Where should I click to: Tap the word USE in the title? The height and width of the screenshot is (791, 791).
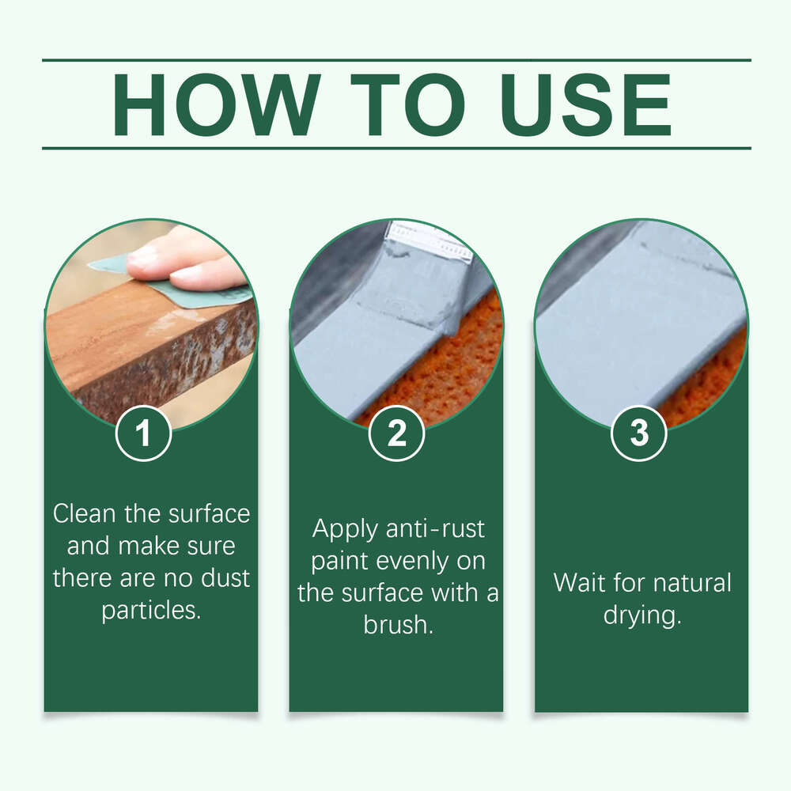(x=585, y=104)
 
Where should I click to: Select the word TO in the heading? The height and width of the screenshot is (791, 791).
(x=409, y=104)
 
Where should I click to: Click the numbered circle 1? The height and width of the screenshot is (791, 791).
(x=144, y=433)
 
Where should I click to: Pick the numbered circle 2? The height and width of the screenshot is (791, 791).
(x=396, y=433)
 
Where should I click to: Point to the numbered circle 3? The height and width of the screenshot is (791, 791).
(x=639, y=433)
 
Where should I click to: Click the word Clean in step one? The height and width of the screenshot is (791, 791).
(x=85, y=513)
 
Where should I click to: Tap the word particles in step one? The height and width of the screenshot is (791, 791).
(x=151, y=611)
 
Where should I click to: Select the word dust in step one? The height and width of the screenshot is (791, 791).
(x=225, y=578)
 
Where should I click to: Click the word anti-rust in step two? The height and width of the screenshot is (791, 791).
(x=435, y=529)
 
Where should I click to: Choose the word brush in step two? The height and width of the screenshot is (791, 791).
(x=398, y=625)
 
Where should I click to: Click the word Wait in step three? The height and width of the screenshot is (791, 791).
(x=579, y=583)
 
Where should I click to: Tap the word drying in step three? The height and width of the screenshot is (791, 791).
(x=642, y=615)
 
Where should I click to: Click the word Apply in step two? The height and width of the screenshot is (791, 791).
(x=345, y=529)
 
